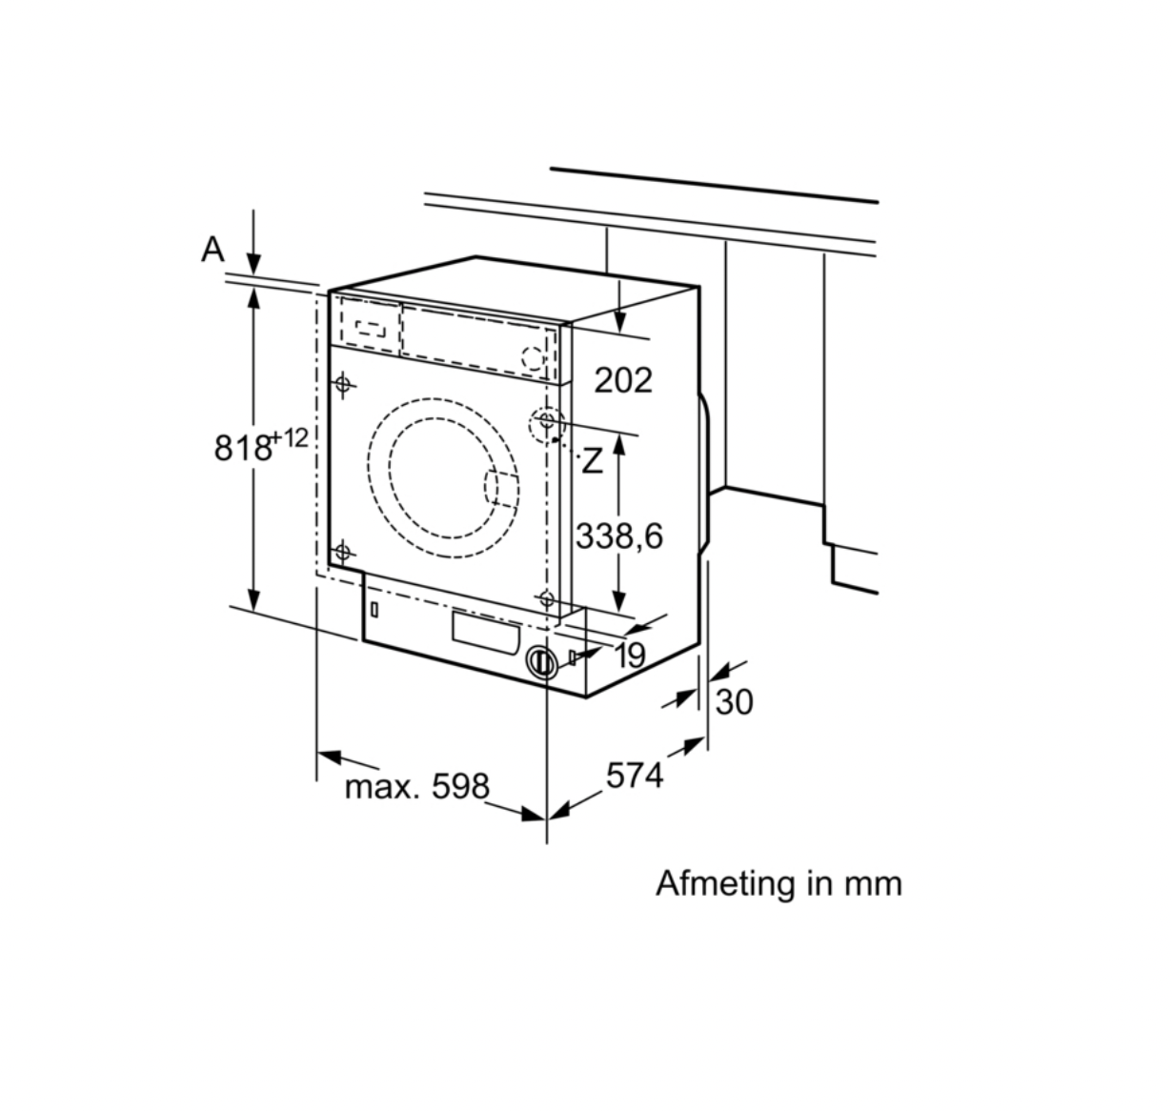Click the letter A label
click(x=212, y=250)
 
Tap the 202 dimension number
click(x=623, y=380)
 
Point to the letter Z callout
click(x=593, y=462)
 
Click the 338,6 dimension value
click(x=618, y=536)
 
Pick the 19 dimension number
click(x=630, y=656)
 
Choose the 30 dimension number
click(x=734, y=702)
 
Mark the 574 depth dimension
click(x=635, y=777)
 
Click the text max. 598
click(x=416, y=787)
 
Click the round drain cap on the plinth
click(x=541, y=662)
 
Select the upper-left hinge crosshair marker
click(x=343, y=385)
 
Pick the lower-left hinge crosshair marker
click(x=342, y=552)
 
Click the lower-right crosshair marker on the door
click(x=546, y=598)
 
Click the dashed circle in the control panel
click(x=535, y=359)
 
